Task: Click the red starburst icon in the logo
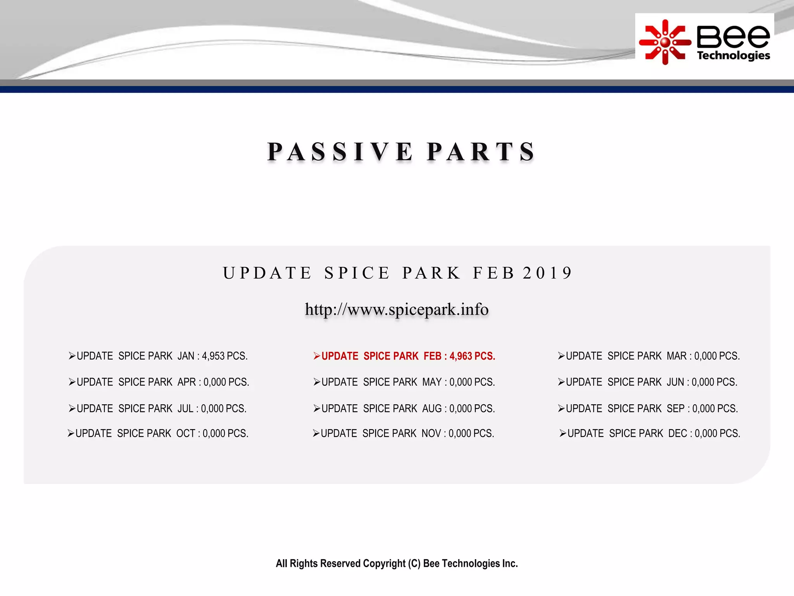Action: [x=665, y=42]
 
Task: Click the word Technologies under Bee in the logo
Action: [x=733, y=55]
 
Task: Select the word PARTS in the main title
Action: [x=481, y=151]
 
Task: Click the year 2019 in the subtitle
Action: [x=547, y=273]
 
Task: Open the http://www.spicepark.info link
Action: [x=397, y=309]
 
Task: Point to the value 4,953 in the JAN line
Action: [x=213, y=356]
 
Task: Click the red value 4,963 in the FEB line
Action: [x=461, y=356]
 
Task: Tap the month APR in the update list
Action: [x=186, y=382]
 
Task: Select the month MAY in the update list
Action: [x=432, y=382]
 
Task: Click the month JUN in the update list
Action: [x=675, y=382]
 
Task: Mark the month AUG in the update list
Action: [x=432, y=409]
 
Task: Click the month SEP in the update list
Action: [x=676, y=409]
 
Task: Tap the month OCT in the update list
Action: [x=186, y=433]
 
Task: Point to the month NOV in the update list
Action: [x=431, y=433]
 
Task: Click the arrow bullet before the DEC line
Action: [x=563, y=433]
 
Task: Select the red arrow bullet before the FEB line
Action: [x=317, y=356]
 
